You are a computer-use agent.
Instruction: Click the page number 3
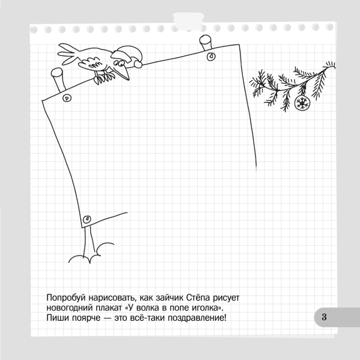(x=324, y=317)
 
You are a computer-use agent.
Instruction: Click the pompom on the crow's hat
(x=138, y=64)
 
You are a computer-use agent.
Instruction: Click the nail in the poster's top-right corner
(x=211, y=57)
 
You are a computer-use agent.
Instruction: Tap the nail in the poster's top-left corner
(x=67, y=98)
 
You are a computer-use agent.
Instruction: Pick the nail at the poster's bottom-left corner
(x=87, y=219)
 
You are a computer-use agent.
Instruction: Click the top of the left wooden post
(x=57, y=73)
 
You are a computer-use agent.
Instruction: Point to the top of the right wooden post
(x=205, y=40)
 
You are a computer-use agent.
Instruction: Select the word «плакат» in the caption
(x=109, y=308)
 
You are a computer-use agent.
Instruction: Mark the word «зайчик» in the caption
(x=170, y=298)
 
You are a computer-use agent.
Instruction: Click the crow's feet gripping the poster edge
(x=104, y=78)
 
